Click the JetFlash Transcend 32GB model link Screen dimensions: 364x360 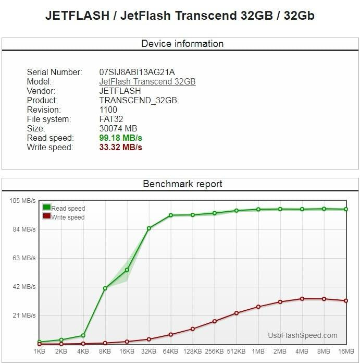(x=147, y=81)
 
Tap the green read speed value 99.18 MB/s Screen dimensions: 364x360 (x=120, y=138)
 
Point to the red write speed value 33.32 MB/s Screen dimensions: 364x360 (x=120, y=148)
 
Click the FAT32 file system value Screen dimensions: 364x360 (x=111, y=119)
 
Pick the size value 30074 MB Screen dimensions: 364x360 (x=118, y=129)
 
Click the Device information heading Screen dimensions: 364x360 (x=182, y=44)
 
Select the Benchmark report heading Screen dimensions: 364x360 (x=182, y=184)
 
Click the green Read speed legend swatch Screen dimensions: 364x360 (x=47, y=208)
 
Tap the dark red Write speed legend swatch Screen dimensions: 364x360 (x=47, y=216)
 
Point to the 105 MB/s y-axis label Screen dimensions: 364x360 (x=21, y=201)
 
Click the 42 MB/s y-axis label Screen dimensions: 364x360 (x=23, y=287)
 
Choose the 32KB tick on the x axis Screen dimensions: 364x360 (x=148, y=352)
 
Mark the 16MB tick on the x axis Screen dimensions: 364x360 (x=346, y=352)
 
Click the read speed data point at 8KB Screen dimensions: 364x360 (x=105, y=288)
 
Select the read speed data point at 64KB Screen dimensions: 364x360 (x=171, y=215)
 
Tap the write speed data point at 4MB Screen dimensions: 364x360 (x=302, y=299)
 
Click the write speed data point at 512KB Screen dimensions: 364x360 (x=237, y=313)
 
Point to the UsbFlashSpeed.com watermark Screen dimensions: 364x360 (x=303, y=336)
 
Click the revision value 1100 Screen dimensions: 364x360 (x=108, y=110)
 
